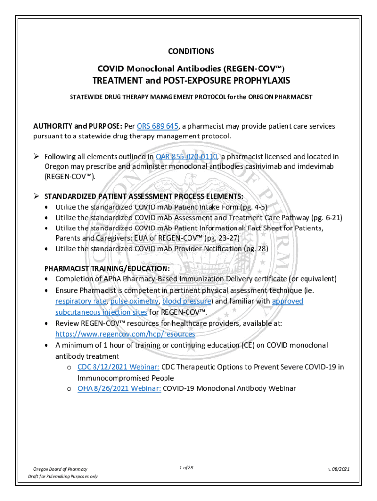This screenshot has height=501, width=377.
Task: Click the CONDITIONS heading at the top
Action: click(191, 51)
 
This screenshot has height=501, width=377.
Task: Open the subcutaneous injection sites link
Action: click(101, 312)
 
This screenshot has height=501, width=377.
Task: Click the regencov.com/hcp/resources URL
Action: click(125, 334)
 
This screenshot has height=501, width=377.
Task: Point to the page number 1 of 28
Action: click(187, 468)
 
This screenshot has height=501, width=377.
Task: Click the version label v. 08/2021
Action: click(338, 469)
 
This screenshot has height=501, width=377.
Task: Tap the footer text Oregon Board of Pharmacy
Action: click(60, 469)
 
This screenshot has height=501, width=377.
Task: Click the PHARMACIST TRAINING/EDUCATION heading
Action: click(107, 269)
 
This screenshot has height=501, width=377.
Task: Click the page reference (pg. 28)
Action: click(256, 248)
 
